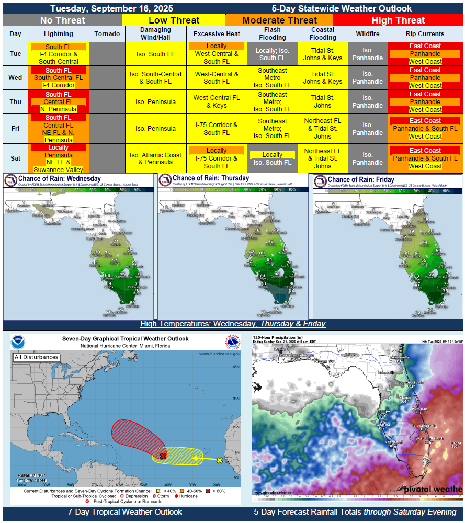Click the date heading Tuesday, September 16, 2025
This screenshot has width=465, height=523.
pyautogui.click(x=111, y=8)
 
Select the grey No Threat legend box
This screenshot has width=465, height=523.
pyautogui.click(x=62, y=20)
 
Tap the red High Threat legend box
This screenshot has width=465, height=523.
pyautogui.click(x=398, y=20)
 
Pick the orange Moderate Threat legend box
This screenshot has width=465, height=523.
pyautogui.click(x=279, y=20)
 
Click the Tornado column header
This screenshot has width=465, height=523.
pyautogui.click(x=107, y=34)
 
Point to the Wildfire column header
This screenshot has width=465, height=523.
pyautogui.click(x=368, y=34)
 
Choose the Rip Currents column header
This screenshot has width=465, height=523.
pyautogui.click(x=425, y=34)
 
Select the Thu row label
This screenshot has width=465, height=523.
pyautogui.click(x=15, y=102)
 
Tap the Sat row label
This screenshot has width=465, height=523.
pyautogui.click(x=15, y=158)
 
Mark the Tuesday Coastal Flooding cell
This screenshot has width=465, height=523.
pyautogui.click(x=323, y=54)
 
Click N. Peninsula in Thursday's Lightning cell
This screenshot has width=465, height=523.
pyautogui.click(x=58, y=109)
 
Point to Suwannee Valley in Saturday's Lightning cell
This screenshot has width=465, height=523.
pyautogui.click(x=58, y=169)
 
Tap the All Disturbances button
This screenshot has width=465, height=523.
pyautogui.click(x=36, y=357)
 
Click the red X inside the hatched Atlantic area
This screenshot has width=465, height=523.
pyautogui.click(x=163, y=456)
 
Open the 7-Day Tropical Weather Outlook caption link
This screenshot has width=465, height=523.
pyautogui.click(x=125, y=512)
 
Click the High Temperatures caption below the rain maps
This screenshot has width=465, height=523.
pyautogui.click(x=233, y=324)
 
